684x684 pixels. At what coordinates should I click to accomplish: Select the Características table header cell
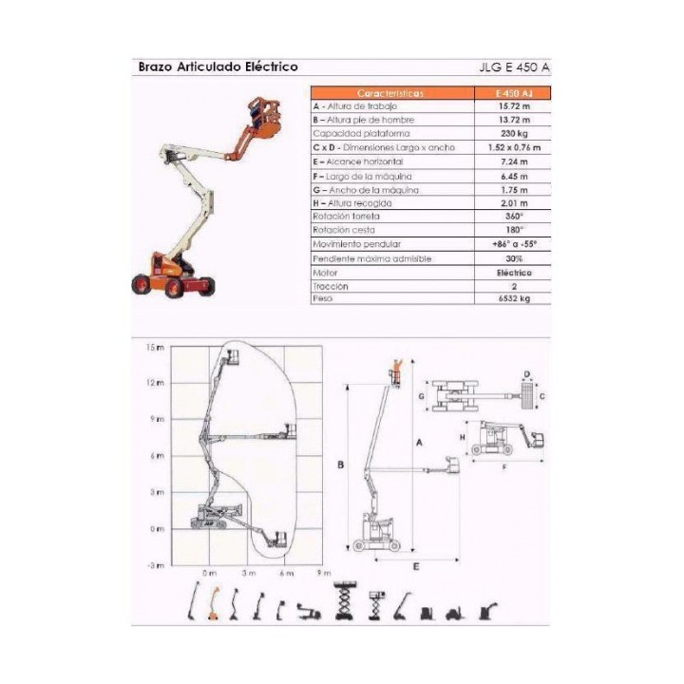click(391, 93)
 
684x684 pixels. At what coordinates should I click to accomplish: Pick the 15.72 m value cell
click(514, 106)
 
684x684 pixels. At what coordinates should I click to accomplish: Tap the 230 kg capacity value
click(514, 134)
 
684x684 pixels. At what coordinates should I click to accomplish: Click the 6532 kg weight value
click(514, 298)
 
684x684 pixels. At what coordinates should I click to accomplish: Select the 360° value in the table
click(514, 217)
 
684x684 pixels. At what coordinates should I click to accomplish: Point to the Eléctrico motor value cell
click(514, 272)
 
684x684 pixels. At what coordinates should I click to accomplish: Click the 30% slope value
click(514, 257)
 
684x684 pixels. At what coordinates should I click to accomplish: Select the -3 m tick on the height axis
click(156, 565)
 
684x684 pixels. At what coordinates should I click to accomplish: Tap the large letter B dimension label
click(339, 465)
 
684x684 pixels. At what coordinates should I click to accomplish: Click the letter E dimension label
click(416, 567)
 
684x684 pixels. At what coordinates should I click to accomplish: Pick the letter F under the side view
click(503, 466)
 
